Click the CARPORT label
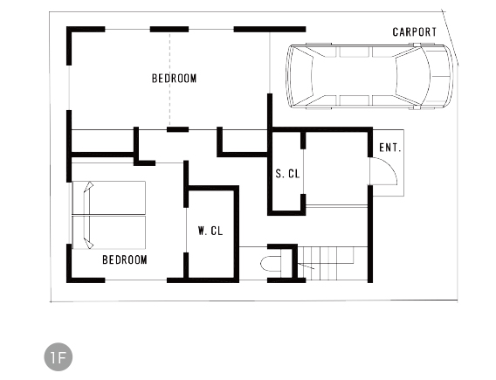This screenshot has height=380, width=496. pos(415,32)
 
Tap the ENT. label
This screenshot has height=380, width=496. pos(390,148)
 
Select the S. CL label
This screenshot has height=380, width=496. pos(287,173)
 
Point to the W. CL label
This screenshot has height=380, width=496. pos(210,231)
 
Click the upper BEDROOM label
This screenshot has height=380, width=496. pos(174,78)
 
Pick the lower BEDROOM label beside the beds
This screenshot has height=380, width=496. pos(125,259)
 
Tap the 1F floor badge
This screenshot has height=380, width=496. pos(59,357)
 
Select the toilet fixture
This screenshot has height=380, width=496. pos(271,264)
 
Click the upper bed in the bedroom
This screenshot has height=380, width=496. pos(109,197)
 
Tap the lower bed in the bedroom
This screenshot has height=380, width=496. pos(109,232)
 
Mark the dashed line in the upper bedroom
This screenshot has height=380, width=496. pos(169,79)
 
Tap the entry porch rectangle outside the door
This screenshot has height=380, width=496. pos(388,162)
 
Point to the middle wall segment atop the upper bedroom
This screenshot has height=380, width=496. pos(169,30)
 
